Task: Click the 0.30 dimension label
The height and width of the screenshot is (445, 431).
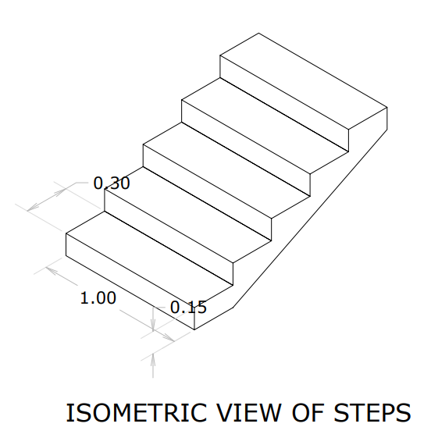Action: pos(112,183)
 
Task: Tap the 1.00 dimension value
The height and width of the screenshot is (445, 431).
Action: pos(98,298)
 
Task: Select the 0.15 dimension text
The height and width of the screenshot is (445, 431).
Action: pos(188,307)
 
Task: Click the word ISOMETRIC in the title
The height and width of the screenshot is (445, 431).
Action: pos(137,413)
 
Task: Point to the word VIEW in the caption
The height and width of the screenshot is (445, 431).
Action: pos(250,413)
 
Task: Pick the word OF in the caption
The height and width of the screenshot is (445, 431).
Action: pos(308,413)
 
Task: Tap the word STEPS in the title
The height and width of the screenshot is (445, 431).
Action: pos(372,413)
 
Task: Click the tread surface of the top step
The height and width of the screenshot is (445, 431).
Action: pos(304,81)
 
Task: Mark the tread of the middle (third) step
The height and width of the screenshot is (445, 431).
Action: pos(226,170)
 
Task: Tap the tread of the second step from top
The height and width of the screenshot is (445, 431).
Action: pos(265,126)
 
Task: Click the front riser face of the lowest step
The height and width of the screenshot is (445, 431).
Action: pos(130,281)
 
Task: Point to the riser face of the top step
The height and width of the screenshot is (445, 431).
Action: pos(284,104)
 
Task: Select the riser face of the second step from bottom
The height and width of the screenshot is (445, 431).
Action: pos(169,237)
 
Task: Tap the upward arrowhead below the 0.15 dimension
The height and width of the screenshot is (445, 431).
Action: pos(153,358)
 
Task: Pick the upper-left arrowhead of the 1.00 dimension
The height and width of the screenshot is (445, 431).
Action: pos(52,270)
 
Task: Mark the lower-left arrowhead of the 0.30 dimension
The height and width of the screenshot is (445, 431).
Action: pos(33,208)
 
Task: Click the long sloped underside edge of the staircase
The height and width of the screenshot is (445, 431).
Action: pos(310,219)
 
